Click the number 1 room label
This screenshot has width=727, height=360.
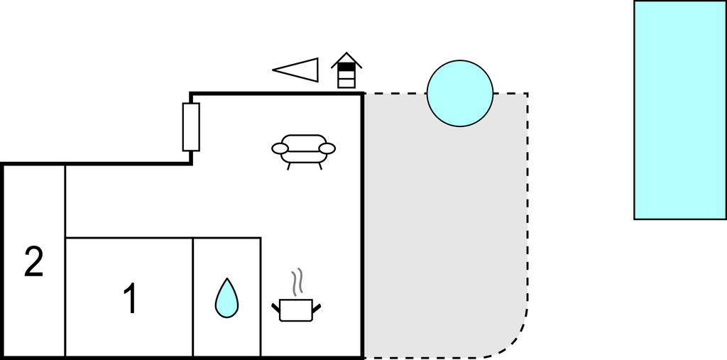click(x=131, y=299)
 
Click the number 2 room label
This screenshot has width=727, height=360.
click(x=34, y=262)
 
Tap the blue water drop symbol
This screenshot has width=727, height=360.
click(x=226, y=298)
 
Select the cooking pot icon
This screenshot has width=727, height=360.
click(x=296, y=310)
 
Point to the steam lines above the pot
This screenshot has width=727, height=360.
click(x=297, y=282)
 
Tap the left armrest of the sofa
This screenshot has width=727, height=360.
click(x=280, y=148)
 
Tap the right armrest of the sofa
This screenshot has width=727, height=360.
click(x=327, y=148)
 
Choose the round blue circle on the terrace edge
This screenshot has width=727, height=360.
click(x=460, y=93)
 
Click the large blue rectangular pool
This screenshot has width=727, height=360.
click(x=680, y=110)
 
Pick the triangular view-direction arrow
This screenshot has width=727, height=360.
click(x=296, y=70)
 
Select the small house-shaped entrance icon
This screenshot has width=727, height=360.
click(x=346, y=70)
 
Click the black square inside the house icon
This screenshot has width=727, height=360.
click(x=346, y=67)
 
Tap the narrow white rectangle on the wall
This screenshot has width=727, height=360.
click(x=191, y=127)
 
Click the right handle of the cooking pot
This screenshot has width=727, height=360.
click(x=317, y=307)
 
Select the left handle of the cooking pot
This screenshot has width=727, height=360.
click(x=276, y=307)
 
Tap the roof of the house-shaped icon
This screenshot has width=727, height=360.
click(x=346, y=60)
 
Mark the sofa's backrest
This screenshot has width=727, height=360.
click(x=304, y=141)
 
